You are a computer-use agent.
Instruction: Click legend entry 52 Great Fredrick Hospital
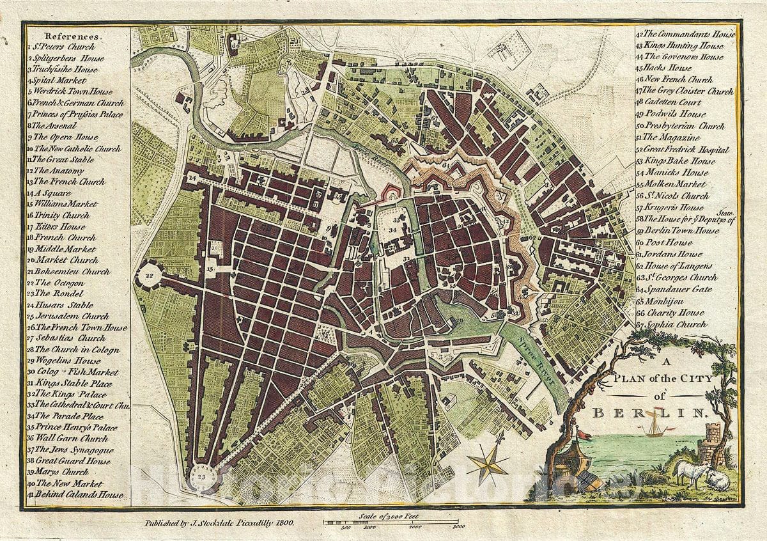click(x=685, y=149)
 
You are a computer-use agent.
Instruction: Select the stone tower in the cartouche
click(x=709, y=444)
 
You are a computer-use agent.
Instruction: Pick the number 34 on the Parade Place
click(x=394, y=228)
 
